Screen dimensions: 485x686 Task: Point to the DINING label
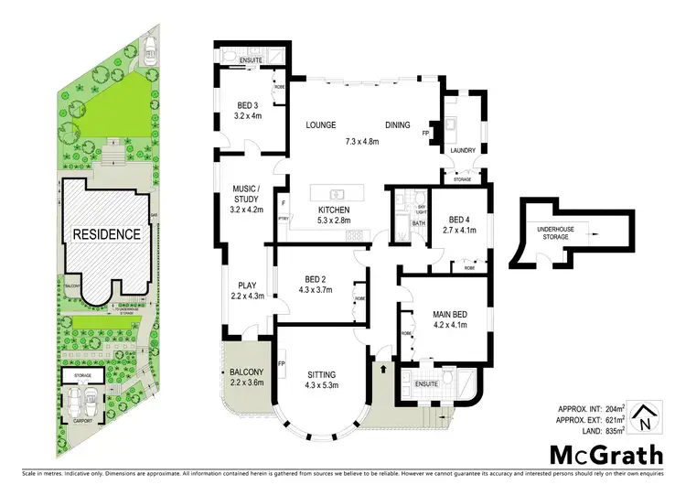[397, 125]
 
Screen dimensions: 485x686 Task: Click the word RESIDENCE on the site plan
[108, 234]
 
